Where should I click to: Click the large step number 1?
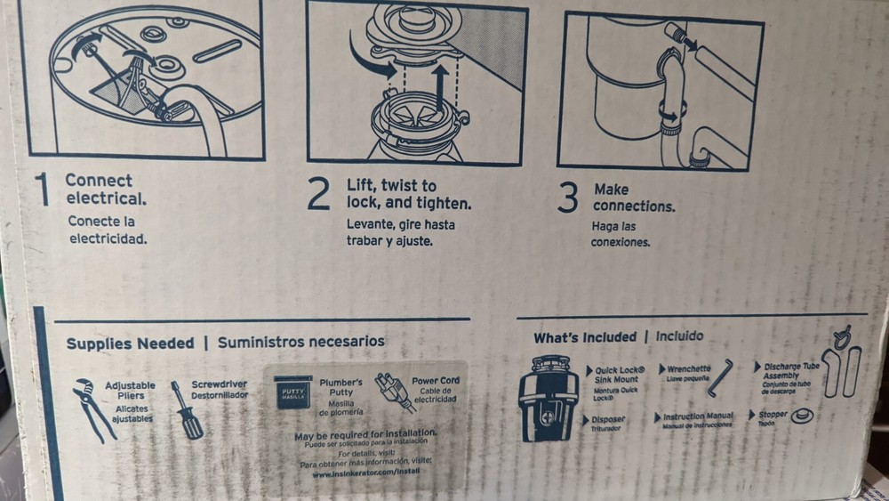(41, 190)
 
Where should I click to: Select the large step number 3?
(567, 198)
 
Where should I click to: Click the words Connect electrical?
(103, 189)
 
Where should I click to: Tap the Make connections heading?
(633, 198)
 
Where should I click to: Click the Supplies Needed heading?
(130, 343)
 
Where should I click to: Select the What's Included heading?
(584, 337)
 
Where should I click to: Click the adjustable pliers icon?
(92, 408)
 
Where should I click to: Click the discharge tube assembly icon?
(841, 368)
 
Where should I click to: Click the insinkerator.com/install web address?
(365, 472)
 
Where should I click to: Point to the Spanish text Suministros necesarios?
(300, 341)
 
